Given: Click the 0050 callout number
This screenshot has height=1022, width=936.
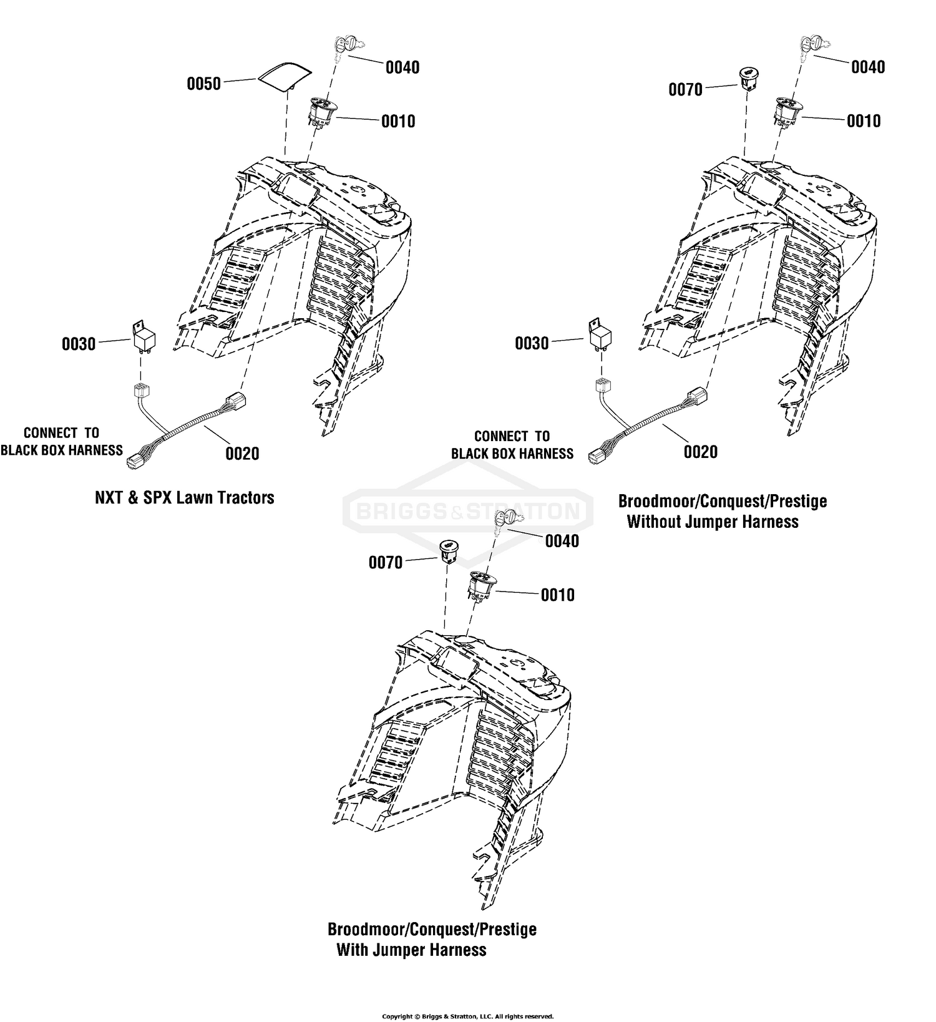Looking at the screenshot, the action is [204, 84].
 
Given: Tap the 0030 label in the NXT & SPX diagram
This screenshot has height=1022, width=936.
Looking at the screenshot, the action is [79, 344].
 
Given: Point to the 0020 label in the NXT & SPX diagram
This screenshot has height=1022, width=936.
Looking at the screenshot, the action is [242, 454].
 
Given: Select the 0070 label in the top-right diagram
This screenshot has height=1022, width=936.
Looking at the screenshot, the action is [685, 90].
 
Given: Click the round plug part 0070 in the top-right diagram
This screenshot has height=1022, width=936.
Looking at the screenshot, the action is [747, 79].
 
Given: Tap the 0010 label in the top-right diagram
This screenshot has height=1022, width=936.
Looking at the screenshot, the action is [864, 121].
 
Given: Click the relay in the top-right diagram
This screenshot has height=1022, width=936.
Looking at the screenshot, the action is [599, 337].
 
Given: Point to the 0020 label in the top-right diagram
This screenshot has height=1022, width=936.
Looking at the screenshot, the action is [701, 452].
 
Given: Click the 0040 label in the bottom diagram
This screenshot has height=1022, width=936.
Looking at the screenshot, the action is [562, 541].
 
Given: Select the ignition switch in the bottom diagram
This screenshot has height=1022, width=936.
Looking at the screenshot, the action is [482, 586].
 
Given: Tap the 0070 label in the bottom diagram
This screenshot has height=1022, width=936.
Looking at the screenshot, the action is [386, 563].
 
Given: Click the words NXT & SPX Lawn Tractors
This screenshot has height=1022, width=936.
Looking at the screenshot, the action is [185, 497].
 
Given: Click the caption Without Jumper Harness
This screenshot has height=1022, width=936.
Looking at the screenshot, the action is [713, 522].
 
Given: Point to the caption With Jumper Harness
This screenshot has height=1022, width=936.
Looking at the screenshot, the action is [412, 950].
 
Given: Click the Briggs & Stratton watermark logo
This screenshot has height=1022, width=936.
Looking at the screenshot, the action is [468, 512].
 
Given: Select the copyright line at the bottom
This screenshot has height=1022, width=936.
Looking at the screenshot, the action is [468, 1016].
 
